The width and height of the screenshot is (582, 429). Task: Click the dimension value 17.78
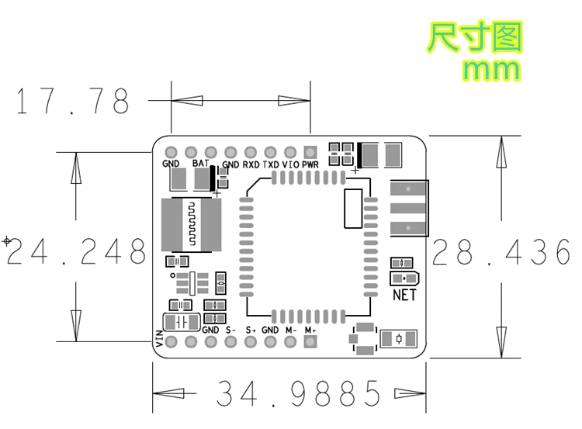pos(72,101)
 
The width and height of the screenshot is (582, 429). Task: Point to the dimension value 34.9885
pos(300,393)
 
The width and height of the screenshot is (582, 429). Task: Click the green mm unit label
pos(490,69)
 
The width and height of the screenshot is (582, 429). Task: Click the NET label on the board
pos(404,295)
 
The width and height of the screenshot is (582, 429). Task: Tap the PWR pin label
pos(310,165)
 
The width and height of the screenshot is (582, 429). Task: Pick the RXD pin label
pos(251,165)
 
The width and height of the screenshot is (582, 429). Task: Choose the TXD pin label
pos(271,165)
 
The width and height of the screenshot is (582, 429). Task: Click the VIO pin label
pos(290,165)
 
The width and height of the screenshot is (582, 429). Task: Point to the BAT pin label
pos(200,164)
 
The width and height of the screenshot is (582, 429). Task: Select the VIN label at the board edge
pos(159,337)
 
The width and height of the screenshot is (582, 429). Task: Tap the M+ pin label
pos(310,330)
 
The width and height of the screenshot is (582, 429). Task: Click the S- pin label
pos(230,330)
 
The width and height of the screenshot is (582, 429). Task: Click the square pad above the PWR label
pos(310,152)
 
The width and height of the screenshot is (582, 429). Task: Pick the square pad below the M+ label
pos(310,342)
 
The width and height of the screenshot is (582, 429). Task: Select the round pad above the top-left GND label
pos(171,152)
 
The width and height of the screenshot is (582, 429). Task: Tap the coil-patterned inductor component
pos(191,225)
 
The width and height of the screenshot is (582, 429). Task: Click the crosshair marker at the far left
pos(7,241)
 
